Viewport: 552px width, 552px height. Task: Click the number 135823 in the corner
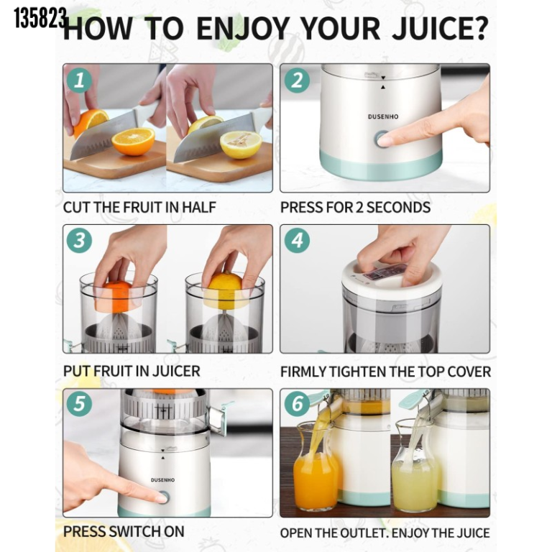coord(40,18)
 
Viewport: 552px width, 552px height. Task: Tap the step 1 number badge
coord(80,80)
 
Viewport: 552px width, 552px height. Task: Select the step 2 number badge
coord(297,80)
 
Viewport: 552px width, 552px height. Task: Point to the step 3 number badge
coord(80,241)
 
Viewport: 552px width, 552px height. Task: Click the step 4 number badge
coord(297,241)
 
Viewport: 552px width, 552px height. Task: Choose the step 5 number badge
coord(80,403)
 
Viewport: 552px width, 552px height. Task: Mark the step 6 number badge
coord(297,403)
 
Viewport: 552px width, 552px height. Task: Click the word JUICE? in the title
coord(440,28)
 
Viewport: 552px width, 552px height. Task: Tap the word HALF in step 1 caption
coord(198,207)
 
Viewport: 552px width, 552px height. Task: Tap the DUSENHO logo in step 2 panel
coord(383,116)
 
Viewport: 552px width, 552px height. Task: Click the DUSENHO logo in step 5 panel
coord(162,480)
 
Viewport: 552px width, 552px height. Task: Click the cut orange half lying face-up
coord(133,141)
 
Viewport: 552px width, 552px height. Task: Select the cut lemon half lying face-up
coord(241,144)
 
